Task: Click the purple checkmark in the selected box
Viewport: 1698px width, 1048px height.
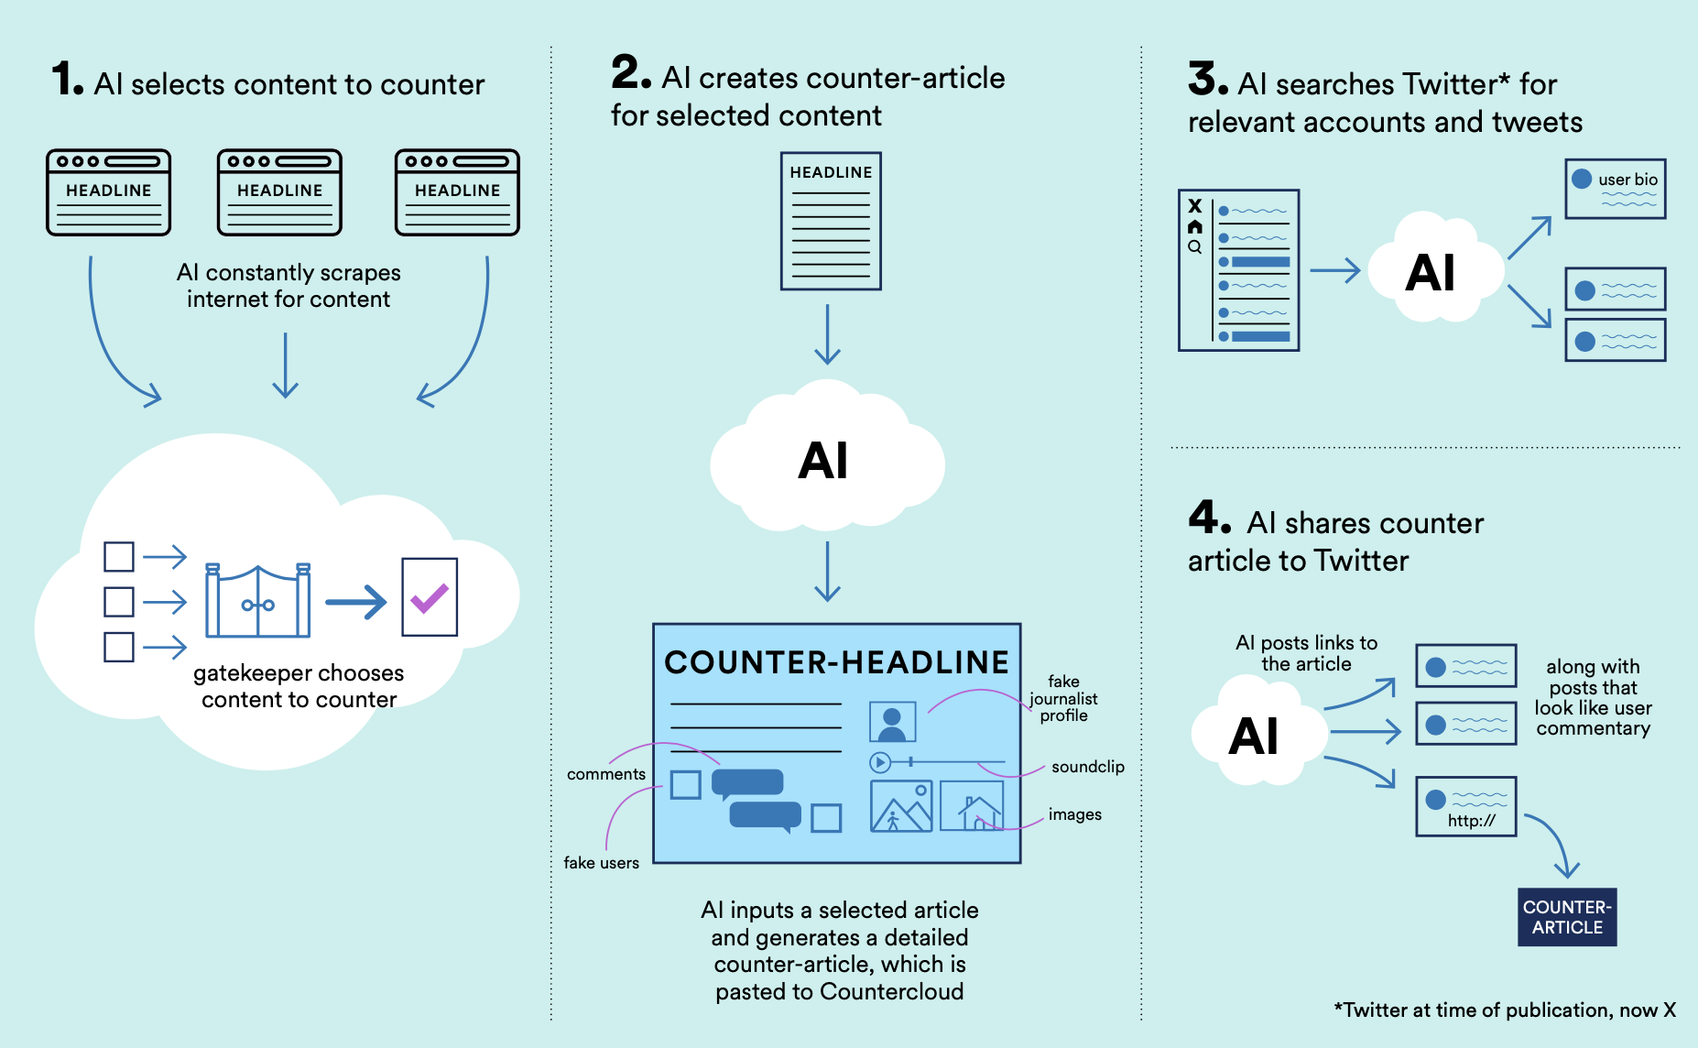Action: [x=429, y=598]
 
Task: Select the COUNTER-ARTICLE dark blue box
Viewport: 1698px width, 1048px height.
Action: [x=1567, y=917]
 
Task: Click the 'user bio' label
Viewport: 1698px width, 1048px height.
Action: [x=1627, y=180]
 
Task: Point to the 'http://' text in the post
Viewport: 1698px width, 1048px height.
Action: [x=1471, y=821]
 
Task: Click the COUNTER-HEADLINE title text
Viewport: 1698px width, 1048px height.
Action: [x=836, y=662]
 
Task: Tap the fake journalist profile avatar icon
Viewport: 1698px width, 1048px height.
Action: [x=892, y=722]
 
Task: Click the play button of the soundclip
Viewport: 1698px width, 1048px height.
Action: [x=879, y=762]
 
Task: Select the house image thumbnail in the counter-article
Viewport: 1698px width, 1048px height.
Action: [x=972, y=806]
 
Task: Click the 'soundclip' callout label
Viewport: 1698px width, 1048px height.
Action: [x=1087, y=767]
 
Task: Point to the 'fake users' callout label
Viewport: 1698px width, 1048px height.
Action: [x=601, y=863]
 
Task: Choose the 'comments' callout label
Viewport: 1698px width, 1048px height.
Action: [x=605, y=774]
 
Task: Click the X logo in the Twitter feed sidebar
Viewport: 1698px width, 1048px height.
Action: [x=1194, y=206]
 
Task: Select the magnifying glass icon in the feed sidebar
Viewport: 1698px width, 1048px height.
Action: [x=1194, y=246]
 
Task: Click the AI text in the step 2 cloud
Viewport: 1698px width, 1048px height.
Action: [x=822, y=460]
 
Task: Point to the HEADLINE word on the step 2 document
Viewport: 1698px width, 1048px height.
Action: [x=831, y=172]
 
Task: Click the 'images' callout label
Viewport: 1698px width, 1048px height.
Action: [x=1074, y=814]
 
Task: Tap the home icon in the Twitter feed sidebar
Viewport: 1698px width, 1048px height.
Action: [x=1194, y=226]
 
